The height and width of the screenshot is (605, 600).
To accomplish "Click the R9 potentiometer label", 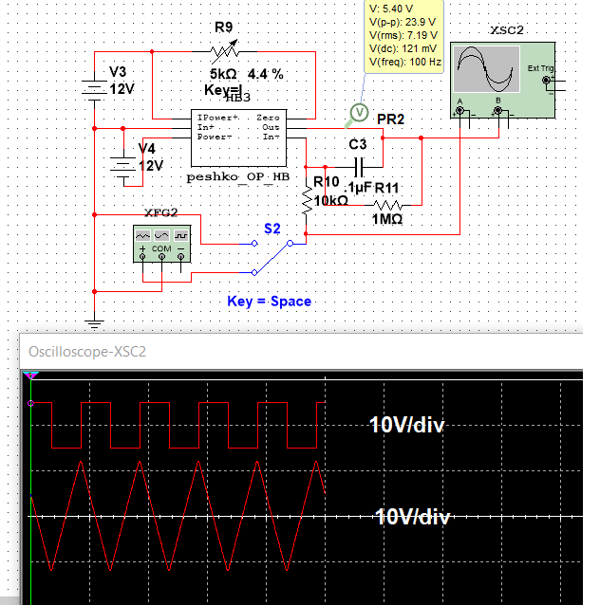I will [224, 27].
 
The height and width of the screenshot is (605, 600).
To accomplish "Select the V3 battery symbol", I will [94, 88].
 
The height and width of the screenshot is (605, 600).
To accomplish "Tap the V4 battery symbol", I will [122, 163].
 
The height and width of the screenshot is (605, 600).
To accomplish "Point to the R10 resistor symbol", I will [307, 200].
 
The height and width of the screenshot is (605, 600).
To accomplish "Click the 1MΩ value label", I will [386, 219].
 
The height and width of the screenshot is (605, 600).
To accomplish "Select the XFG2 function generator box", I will [160, 243].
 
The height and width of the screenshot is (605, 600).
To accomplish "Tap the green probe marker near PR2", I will [359, 114].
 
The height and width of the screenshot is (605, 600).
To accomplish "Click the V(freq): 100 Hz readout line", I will [404, 62].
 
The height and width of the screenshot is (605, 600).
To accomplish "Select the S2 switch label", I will [272, 229].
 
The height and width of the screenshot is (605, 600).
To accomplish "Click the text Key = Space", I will [269, 302].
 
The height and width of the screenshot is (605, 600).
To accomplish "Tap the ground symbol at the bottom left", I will [94, 324].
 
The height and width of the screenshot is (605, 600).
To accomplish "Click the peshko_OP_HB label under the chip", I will [237, 176].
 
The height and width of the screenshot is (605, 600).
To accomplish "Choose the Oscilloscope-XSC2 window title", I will [86, 351].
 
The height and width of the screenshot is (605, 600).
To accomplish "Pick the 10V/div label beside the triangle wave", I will [412, 517].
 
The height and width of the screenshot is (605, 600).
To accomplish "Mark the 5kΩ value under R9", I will [224, 73].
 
